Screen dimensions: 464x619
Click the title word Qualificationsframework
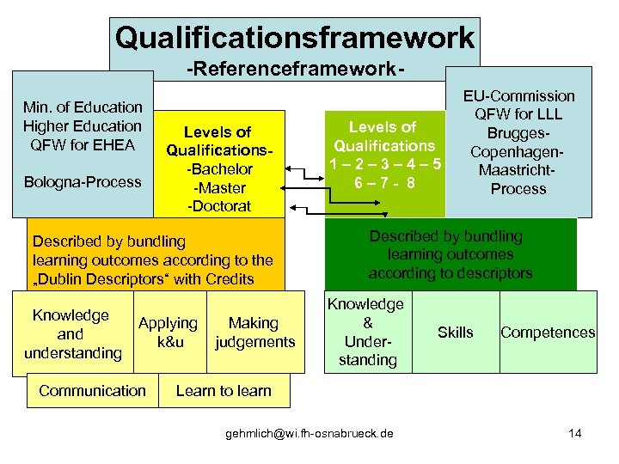coord(294,38)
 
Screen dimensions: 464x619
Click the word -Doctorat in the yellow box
coord(220,206)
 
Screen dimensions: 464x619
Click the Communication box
coord(92,390)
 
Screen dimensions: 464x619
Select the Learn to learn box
coord(224,390)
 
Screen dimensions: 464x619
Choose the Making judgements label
coord(254,333)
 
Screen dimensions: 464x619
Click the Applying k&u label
coord(168,333)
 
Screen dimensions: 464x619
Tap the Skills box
coord(455,333)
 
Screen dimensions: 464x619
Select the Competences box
coord(548,333)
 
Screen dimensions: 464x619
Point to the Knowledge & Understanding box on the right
coord(367,332)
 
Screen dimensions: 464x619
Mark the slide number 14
coord(574,433)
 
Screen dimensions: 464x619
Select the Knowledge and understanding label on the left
coord(72,333)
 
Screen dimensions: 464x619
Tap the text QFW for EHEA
coord(83,144)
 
